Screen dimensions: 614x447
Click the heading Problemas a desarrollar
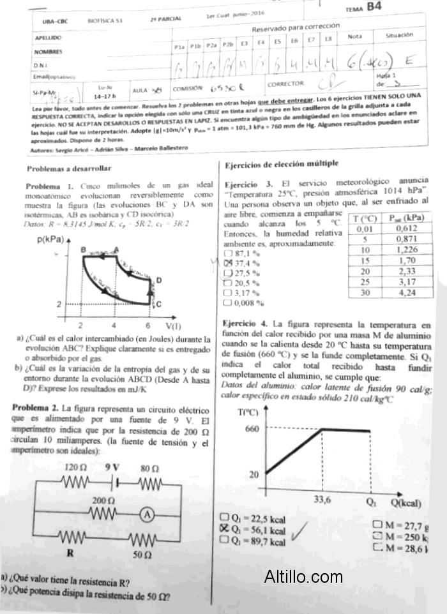[x=69, y=169]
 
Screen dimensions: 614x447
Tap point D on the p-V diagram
[x=158, y=280]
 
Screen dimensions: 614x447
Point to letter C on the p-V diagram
[x=158, y=303]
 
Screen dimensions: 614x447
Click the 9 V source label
[x=112, y=467]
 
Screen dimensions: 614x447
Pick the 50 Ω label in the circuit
[x=142, y=555]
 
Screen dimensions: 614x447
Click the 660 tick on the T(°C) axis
[x=252, y=429]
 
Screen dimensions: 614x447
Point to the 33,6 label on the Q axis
[x=322, y=500]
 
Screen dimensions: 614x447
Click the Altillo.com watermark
[x=303, y=577]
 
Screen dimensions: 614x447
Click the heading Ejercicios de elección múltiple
[x=282, y=164]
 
